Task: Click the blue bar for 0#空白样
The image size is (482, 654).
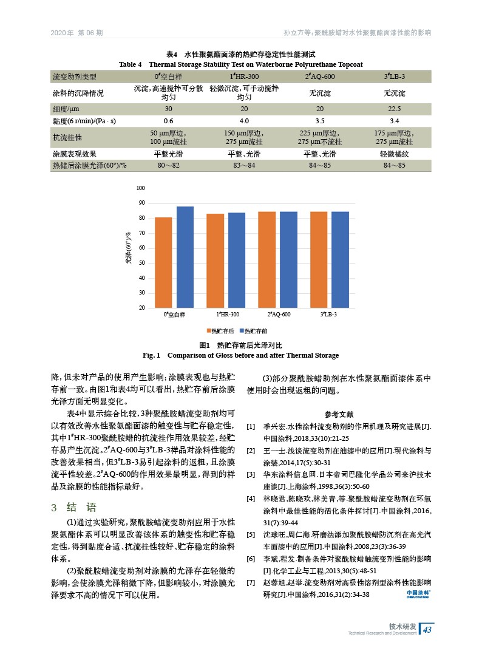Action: tap(185, 257)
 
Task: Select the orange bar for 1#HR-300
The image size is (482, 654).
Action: tap(215, 261)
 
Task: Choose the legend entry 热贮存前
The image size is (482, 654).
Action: tap(253, 331)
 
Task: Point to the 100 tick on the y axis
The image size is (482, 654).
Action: tap(141, 188)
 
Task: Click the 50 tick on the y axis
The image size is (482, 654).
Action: tap(141, 263)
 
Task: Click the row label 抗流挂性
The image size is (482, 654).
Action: tap(67, 138)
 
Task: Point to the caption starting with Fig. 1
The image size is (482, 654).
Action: tap(240, 355)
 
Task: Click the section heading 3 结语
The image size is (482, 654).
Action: tap(74, 508)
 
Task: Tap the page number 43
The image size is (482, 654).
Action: tap(427, 628)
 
